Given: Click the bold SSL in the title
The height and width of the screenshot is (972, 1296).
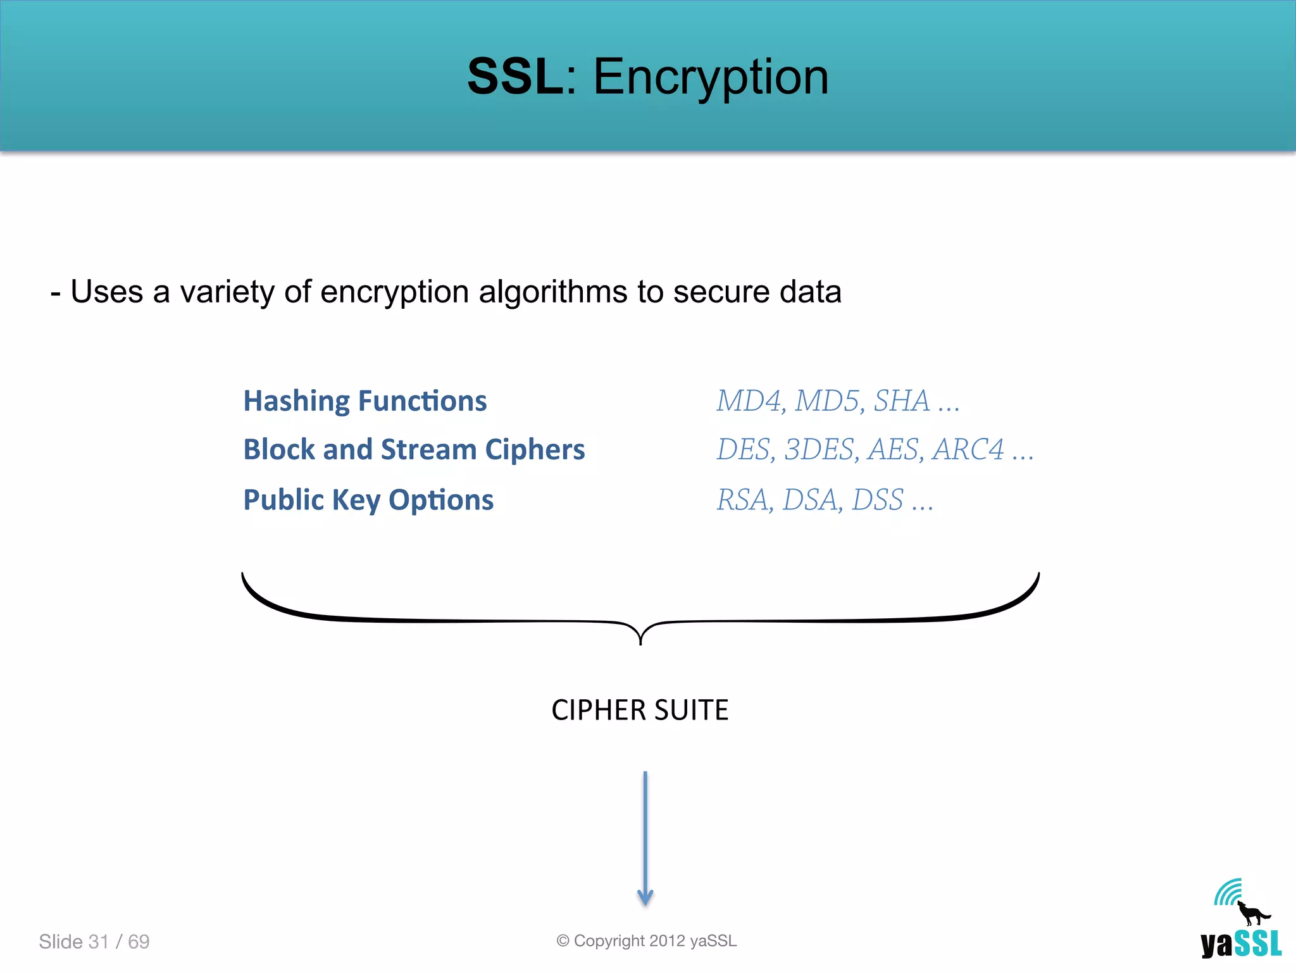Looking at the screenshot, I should click(514, 77).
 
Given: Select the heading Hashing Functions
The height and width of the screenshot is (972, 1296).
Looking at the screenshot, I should click(365, 401).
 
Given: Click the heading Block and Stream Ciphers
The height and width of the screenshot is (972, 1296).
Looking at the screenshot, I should click(414, 450).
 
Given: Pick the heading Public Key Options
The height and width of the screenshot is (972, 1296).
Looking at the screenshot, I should click(368, 500).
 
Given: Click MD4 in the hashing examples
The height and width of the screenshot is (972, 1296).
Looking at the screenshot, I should click(749, 401).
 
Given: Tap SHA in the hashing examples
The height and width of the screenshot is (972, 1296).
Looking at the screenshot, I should click(901, 401).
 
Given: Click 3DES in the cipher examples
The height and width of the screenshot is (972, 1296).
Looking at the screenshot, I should click(819, 450).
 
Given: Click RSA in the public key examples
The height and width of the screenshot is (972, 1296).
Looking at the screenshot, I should click(743, 500).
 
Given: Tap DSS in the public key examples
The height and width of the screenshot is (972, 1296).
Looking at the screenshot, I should click(878, 500).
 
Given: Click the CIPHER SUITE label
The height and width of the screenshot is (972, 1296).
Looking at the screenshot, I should click(640, 710).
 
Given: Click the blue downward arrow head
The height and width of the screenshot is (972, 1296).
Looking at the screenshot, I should click(645, 897).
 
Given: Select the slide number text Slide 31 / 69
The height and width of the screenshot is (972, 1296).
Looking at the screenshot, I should click(94, 942).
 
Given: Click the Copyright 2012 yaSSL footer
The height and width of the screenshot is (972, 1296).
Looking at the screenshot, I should click(647, 941).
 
